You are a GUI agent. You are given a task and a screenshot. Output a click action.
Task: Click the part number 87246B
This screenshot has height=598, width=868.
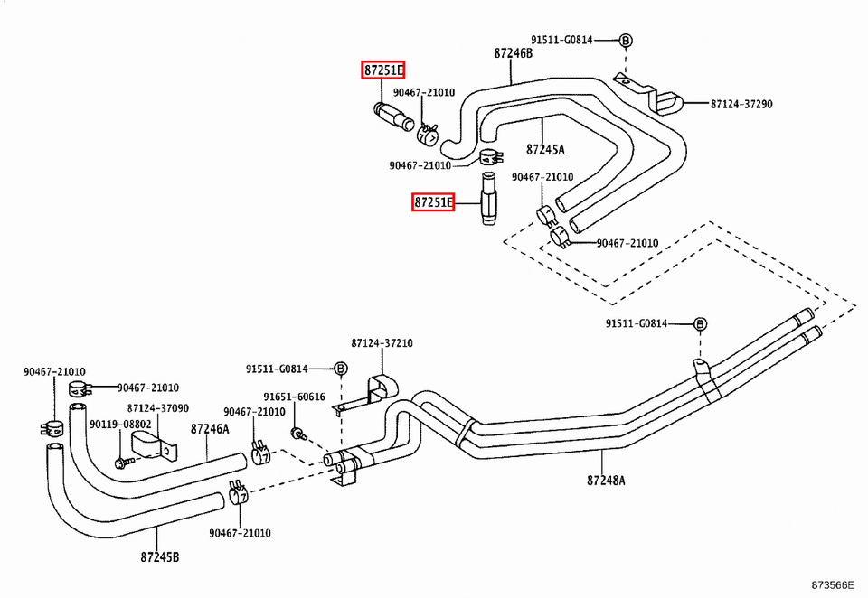point(513,53)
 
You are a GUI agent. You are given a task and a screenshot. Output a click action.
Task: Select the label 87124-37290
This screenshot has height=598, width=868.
point(741,104)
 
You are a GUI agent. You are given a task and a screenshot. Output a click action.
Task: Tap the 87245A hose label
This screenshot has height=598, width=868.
point(545,149)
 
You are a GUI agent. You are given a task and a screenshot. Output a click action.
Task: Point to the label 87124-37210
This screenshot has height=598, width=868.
point(382,343)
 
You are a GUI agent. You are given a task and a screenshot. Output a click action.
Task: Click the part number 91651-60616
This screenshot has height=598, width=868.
point(294,397)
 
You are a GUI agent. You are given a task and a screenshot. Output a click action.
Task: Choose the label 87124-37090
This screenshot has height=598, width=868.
point(158,408)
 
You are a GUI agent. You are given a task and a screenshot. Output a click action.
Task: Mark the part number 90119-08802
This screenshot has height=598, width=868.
point(118,424)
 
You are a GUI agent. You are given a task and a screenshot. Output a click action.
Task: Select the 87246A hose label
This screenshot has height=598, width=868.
point(210,430)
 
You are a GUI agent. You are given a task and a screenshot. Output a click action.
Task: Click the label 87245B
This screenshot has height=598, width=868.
point(159,556)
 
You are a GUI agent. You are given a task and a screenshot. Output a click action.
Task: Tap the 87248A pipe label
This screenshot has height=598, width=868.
point(606,481)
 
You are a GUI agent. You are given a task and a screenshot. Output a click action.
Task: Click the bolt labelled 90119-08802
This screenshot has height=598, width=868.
point(120,463)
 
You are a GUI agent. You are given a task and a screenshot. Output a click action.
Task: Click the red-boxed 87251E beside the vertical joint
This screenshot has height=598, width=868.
point(433,202)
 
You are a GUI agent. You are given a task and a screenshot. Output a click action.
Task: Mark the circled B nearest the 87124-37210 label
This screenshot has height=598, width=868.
point(341,369)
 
